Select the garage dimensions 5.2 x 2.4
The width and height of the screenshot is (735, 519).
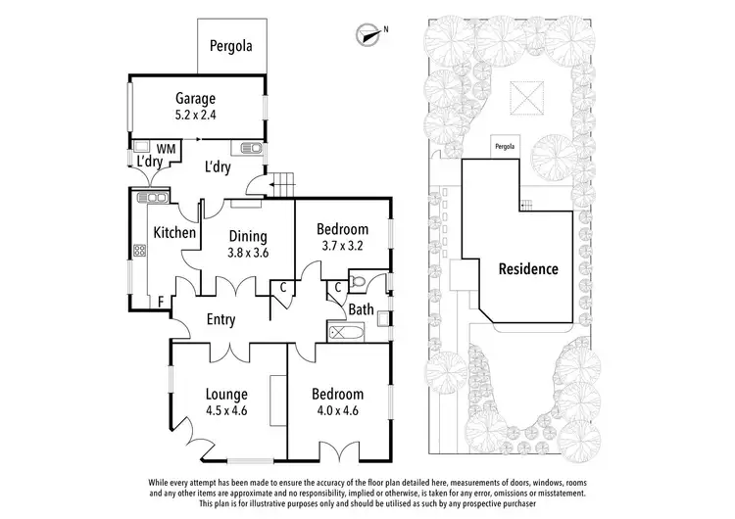(x=195, y=114)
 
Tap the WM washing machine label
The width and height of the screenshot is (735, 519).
(x=166, y=149)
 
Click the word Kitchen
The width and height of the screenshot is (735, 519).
(x=175, y=233)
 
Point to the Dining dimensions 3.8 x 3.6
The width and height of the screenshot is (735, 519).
(x=248, y=252)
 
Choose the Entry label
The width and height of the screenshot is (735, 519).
(x=226, y=318)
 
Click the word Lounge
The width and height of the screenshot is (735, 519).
(x=226, y=394)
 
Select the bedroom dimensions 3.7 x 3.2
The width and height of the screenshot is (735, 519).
(x=342, y=246)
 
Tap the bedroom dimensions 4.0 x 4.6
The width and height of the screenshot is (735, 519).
(x=337, y=410)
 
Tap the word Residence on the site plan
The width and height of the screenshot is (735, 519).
(x=527, y=268)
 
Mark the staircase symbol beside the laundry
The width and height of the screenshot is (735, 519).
(x=281, y=181)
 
